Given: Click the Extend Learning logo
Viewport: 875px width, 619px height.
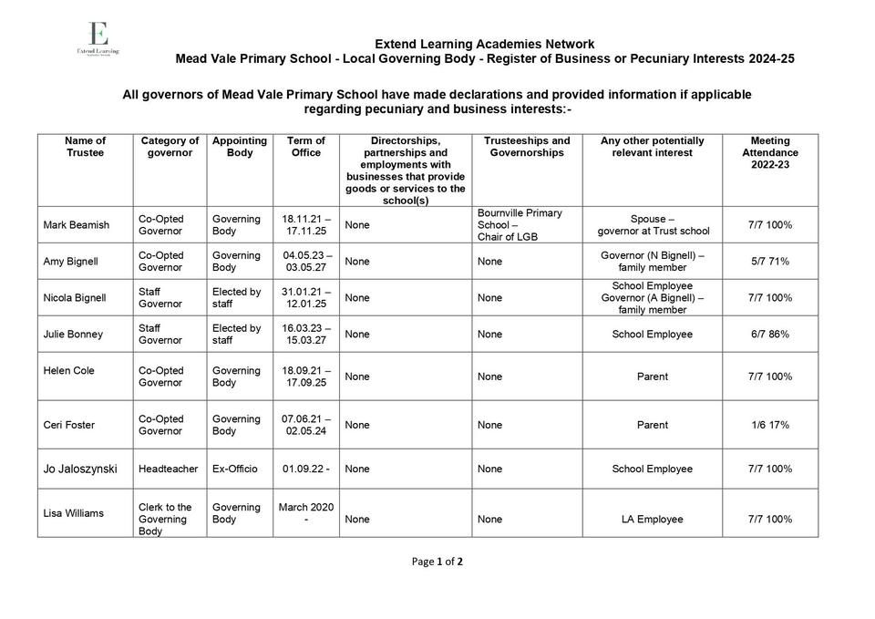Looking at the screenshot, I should [98, 40].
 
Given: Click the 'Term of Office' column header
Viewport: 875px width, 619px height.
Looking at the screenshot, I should [306, 147].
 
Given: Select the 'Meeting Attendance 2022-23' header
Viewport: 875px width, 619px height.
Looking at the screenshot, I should [770, 153].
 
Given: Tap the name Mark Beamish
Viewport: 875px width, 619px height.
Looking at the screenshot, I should [77, 225].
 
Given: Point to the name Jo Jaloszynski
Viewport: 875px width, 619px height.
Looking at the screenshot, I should [80, 469].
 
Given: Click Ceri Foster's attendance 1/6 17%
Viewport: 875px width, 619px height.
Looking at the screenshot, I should [770, 425].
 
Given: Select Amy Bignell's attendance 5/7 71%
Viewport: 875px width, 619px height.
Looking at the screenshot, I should [770, 262].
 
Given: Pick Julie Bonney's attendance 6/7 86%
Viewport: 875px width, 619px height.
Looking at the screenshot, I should [770, 335].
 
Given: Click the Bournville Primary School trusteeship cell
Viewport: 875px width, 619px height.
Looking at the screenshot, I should [520, 225].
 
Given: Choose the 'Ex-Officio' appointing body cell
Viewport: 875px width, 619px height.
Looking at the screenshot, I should [235, 469].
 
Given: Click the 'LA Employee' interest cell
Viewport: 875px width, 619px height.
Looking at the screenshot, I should [653, 520].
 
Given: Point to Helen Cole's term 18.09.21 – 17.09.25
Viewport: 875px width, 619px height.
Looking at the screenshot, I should [306, 377].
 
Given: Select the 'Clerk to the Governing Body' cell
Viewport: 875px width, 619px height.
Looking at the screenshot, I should [165, 520].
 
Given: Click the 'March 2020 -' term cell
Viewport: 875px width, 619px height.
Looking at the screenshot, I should [306, 513].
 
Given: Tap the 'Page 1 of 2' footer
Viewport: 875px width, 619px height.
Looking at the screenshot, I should [437, 562].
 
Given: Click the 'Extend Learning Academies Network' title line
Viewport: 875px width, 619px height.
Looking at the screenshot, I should [485, 44].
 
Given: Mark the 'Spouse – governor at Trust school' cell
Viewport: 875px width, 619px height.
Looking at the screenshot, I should [653, 225].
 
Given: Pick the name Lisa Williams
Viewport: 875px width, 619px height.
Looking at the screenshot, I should [74, 513].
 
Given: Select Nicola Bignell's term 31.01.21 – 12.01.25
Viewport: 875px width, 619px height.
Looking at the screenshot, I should [306, 298].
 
